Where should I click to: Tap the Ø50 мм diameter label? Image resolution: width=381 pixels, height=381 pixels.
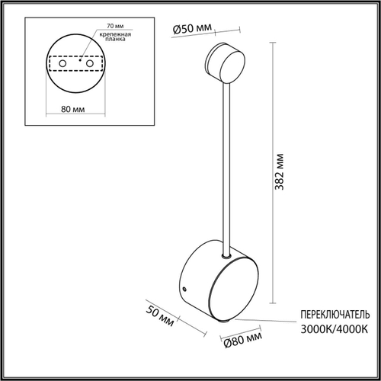coord(191,28)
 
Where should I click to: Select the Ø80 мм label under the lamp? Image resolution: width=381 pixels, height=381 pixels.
coord(244,335)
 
